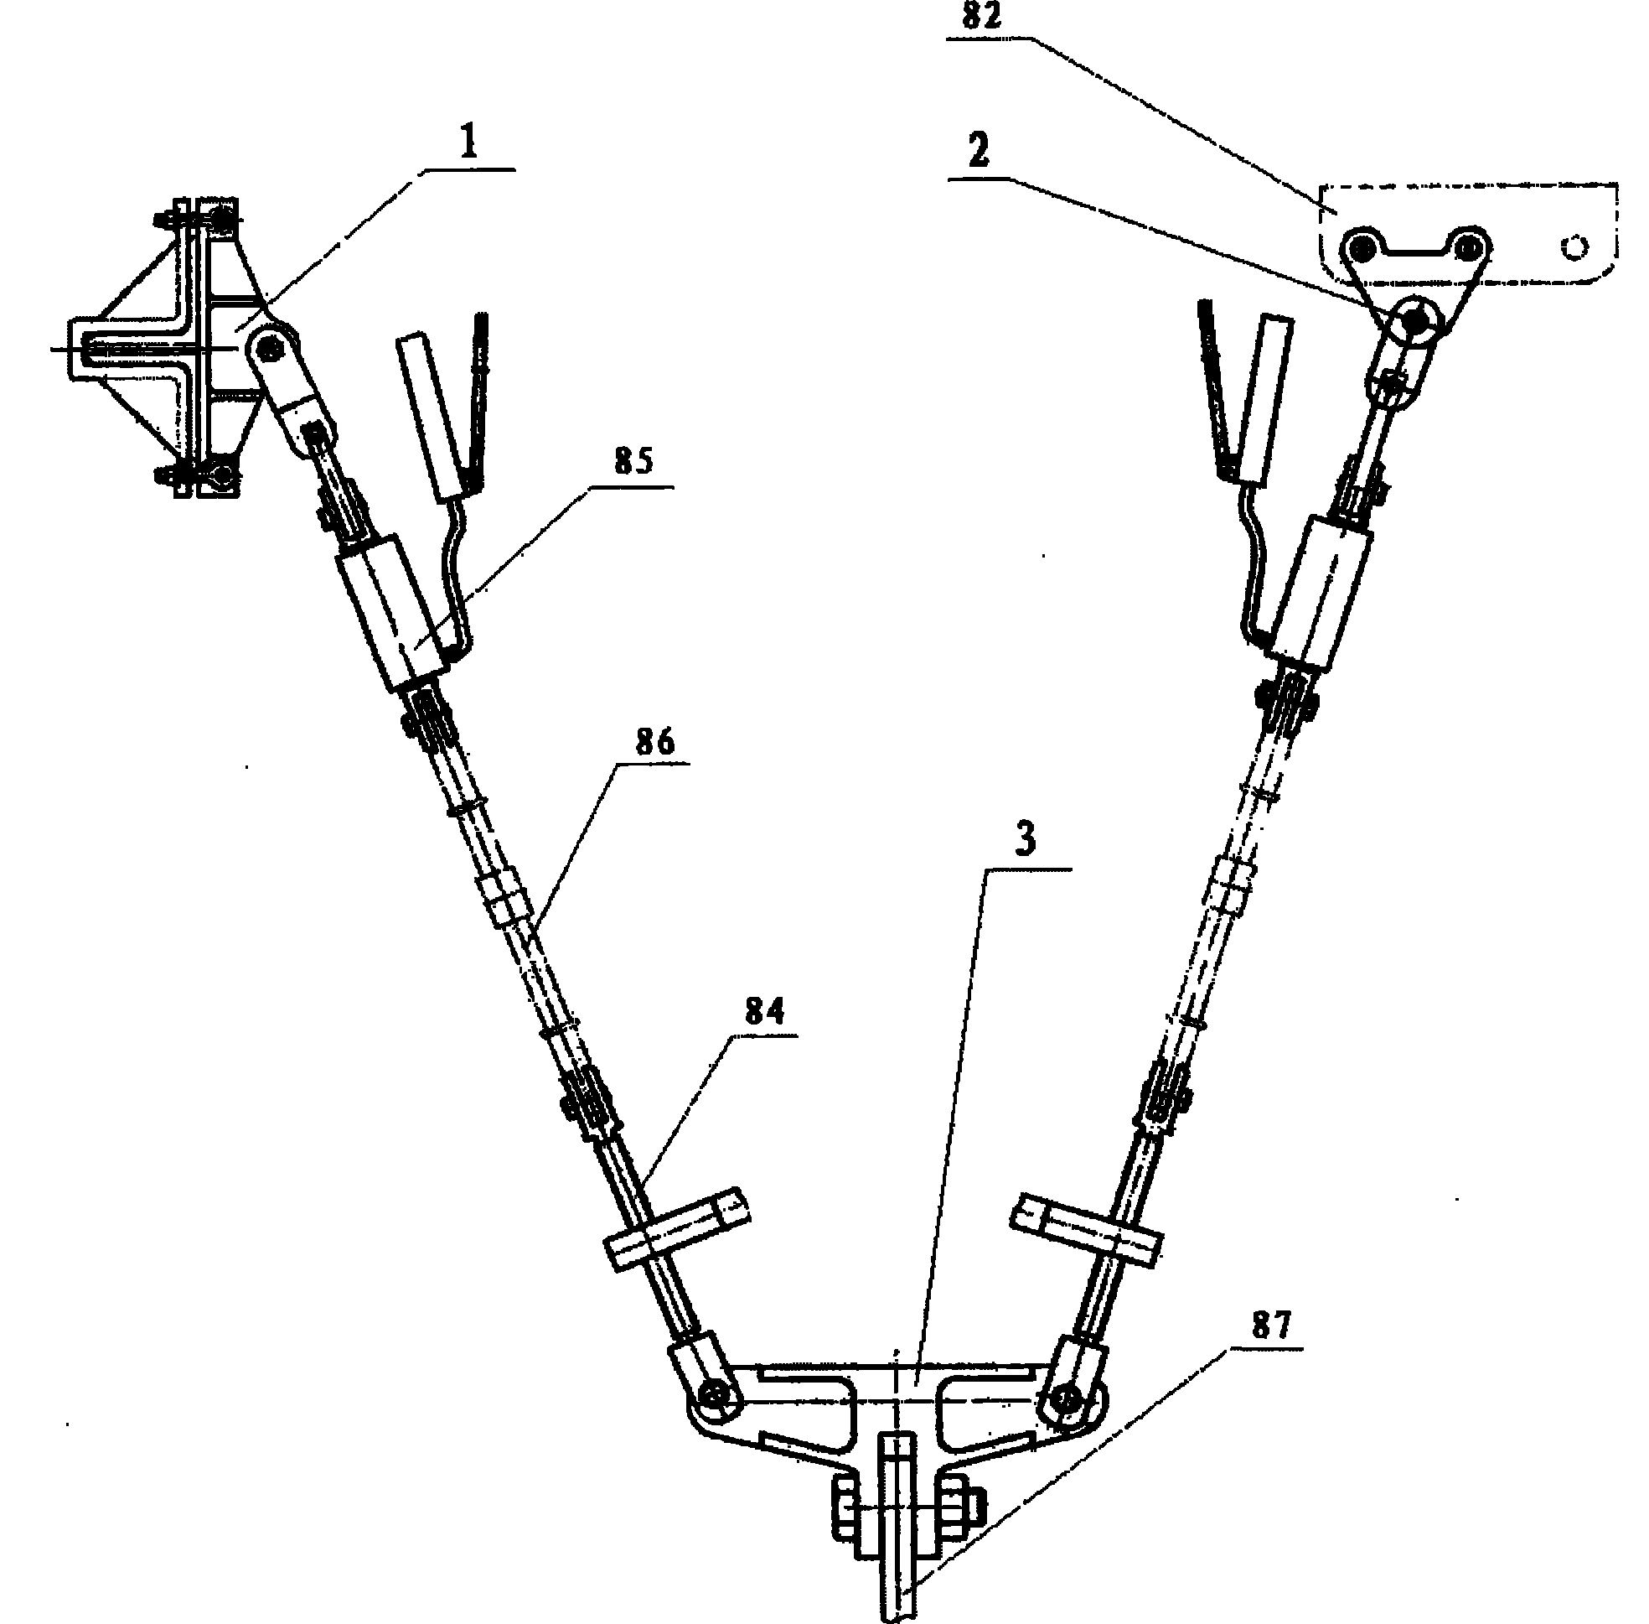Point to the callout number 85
click(x=633, y=461)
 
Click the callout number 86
click(x=655, y=740)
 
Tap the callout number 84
click(x=764, y=1012)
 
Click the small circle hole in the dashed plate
click(x=1574, y=247)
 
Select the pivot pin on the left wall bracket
click(x=273, y=346)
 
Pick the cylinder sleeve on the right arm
click(x=1313, y=594)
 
